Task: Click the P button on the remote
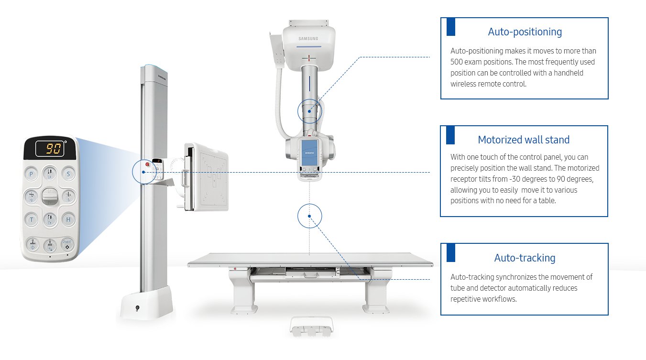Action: click(32, 174)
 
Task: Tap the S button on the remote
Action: click(68, 174)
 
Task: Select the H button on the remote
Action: click(68, 219)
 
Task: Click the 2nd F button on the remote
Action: click(67, 244)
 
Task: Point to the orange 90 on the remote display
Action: click(50, 148)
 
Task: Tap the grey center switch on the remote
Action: click(50, 197)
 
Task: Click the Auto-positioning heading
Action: click(525, 32)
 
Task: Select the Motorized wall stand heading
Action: click(524, 140)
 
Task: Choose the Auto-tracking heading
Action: click(525, 258)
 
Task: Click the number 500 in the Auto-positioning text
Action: click(458, 62)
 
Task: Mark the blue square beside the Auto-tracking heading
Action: click(450, 252)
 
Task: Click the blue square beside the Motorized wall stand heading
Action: click(450, 135)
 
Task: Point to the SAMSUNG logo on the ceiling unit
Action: click(309, 38)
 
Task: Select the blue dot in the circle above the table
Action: click(309, 216)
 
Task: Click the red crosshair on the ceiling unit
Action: click(309, 58)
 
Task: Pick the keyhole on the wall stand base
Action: click(138, 308)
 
